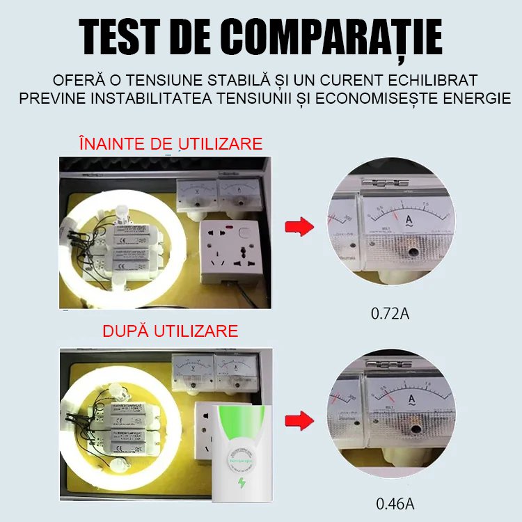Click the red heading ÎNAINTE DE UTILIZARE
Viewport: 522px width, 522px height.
(171, 144)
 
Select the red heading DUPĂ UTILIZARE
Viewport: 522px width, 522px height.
(170, 330)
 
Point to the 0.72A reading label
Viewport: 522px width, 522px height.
(390, 314)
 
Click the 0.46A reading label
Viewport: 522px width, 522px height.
(390, 503)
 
